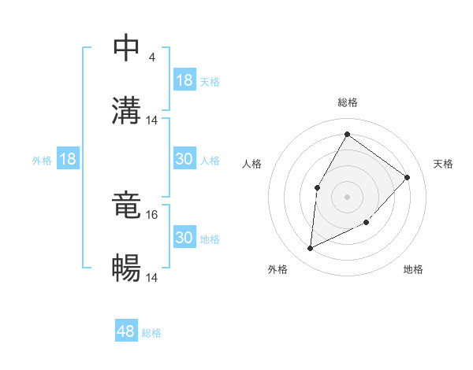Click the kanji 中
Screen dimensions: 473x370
click(x=127, y=48)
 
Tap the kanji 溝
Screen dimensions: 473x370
click(x=127, y=110)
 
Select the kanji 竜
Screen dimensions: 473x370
click(x=127, y=205)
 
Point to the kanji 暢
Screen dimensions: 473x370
click(x=127, y=268)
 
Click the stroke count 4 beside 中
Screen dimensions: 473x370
click(x=151, y=57)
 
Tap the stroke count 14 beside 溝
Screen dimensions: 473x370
click(x=153, y=120)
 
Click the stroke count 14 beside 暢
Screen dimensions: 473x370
click(x=153, y=277)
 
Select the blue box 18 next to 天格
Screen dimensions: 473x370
click(x=184, y=80)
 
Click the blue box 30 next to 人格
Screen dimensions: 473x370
click(x=184, y=159)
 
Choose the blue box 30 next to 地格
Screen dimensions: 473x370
click(x=184, y=238)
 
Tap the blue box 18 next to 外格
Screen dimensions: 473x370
click(x=68, y=159)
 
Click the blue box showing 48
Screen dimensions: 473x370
click(x=126, y=331)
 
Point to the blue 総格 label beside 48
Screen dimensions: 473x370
click(x=151, y=333)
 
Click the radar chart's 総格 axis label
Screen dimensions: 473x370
click(x=348, y=102)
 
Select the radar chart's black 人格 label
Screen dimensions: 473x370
click(x=252, y=164)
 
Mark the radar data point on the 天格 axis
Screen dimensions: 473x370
click(x=408, y=177)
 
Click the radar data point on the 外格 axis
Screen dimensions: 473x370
click(x=310, y=249)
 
